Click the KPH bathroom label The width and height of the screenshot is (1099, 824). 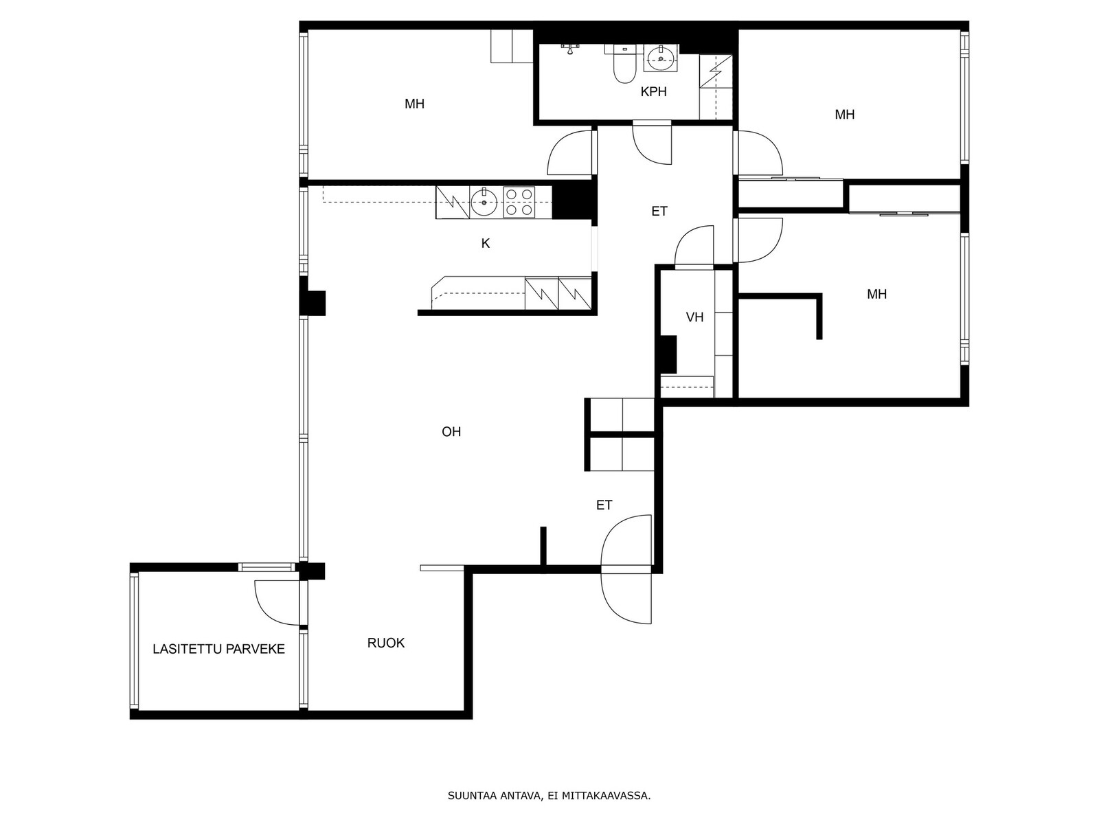653,91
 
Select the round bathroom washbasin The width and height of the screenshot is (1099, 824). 660,59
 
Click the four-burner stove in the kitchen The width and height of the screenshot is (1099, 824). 519,202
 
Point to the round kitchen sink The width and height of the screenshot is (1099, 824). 484,203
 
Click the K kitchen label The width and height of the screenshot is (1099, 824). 485,244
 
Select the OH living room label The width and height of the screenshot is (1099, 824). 451,432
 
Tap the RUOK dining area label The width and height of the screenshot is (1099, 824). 385,643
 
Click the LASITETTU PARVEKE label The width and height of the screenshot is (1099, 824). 219,649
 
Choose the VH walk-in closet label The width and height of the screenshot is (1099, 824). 694,317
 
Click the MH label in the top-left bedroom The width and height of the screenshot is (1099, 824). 415,104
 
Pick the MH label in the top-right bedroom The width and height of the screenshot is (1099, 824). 845,115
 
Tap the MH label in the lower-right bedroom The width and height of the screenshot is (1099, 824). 876,294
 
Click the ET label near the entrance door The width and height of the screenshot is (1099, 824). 604,505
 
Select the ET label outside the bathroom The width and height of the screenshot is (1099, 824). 659,211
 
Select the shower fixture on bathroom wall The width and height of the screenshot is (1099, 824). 570,48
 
